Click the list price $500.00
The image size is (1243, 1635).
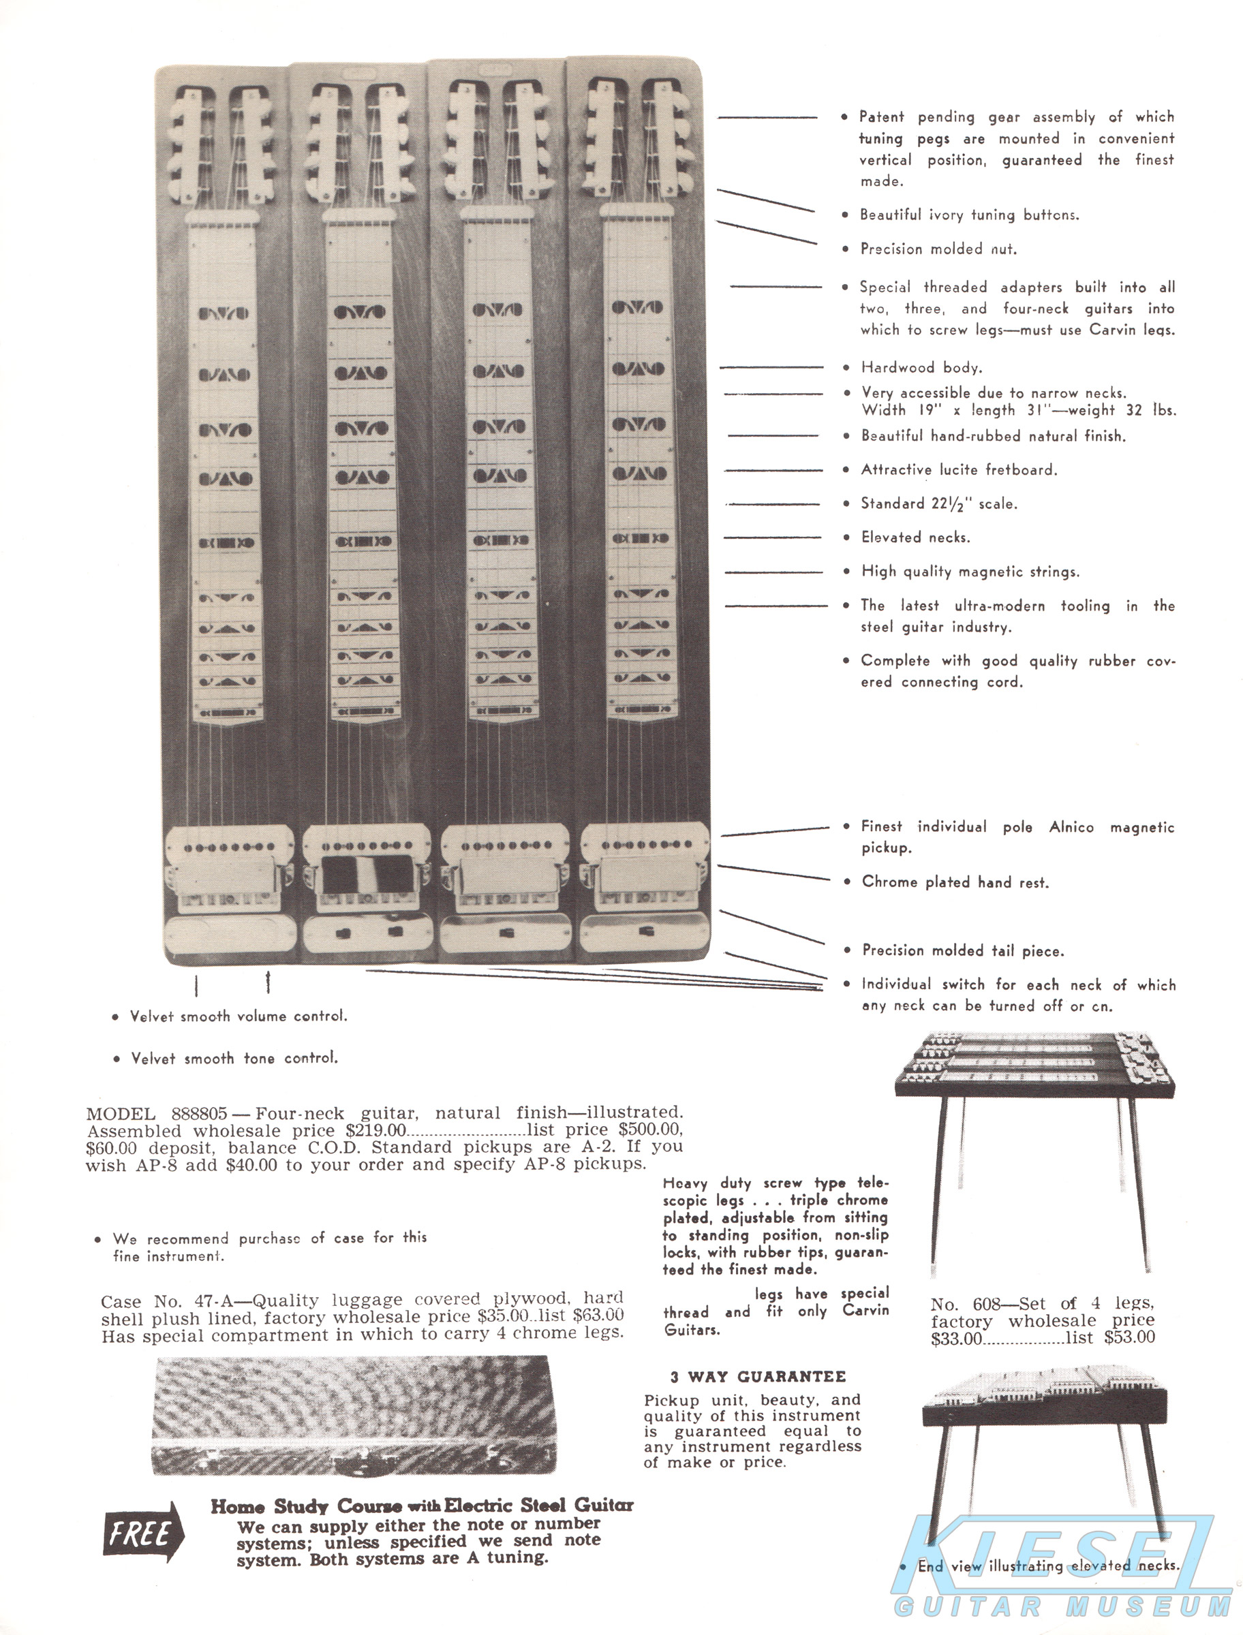tap(650, 1130)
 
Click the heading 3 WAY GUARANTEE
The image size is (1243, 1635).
tap(758, 1376)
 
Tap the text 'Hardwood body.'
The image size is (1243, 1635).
tap(921, 367)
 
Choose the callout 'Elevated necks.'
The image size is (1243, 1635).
tap(915, 538)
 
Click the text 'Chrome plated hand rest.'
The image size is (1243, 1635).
tap(955, 882)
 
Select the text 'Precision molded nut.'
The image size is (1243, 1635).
tap(938, 249)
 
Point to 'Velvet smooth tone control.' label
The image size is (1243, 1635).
tap(234, 1058)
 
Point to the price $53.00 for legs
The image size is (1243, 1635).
tap(1129, 1337)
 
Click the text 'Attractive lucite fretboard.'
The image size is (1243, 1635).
tap(959, 469)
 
